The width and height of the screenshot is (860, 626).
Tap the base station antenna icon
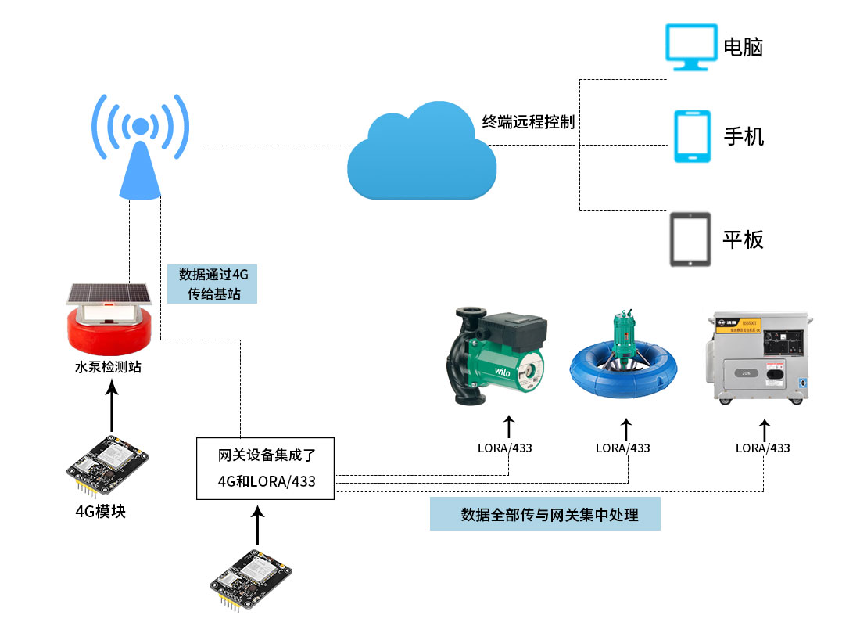click(140, 149)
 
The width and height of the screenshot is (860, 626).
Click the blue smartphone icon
click(692, 136)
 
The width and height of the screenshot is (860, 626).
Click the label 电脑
click(743, 48)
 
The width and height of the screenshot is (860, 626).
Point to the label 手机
click(744, 137)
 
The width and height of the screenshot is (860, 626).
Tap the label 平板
click(743, 239)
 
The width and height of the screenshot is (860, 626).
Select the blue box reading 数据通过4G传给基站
click(213, 284)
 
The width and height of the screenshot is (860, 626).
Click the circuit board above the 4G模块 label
click(107, 466)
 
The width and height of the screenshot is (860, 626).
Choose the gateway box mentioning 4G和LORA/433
click(266, 469)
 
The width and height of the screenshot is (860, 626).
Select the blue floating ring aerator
click(625, 364)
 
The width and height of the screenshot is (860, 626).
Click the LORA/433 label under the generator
click(762, 448)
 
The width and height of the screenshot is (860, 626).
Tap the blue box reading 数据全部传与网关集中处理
click(545, 514)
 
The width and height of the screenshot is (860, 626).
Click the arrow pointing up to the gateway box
click(258, 525)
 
